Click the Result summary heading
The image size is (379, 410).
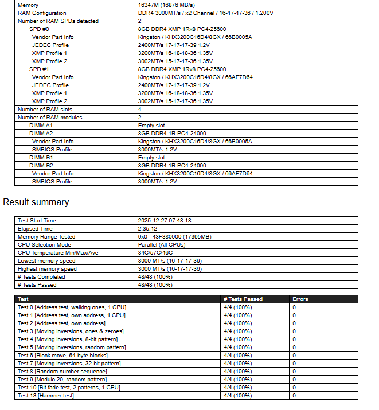[36, 202]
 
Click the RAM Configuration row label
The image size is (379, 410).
[42, 13]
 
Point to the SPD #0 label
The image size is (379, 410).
[39, 29]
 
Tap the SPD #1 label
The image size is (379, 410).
[39, 69]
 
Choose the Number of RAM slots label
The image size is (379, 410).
[45, 109]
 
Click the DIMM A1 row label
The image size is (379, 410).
[41, 125]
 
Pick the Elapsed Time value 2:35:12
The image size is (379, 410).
[148, 228]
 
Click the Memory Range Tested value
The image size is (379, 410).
[174, 236]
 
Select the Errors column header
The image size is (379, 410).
[300, 299]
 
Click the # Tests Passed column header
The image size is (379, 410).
[243, 299]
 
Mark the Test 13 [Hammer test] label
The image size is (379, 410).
[46, 395]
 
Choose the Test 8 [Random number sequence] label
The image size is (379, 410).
[62, 371]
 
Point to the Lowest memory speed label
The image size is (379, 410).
[47, 260]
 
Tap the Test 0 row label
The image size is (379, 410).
[72, 307]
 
